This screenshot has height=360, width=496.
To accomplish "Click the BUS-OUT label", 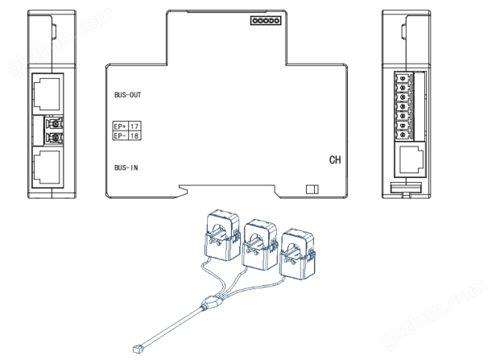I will click(x=129, y=94).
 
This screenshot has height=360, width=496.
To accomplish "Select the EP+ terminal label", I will click(x=120, y=126).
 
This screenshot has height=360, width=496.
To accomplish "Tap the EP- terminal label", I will click(x=120, y=136).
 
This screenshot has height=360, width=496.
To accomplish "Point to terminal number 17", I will click(x=134, y=126).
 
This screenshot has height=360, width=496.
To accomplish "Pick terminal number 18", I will click(x=134, y=136).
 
